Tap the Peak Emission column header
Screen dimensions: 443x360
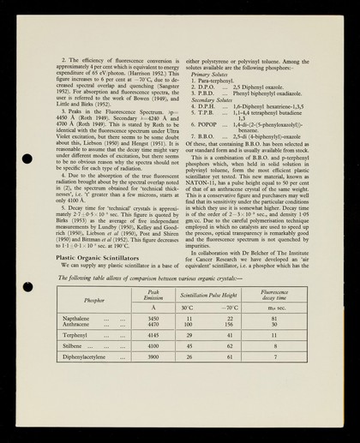[x=153, y=295]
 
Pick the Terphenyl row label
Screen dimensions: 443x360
[x=76, y=335]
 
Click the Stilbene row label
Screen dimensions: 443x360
[x=74, y=345]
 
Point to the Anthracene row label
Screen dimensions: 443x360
[x=77, y=325]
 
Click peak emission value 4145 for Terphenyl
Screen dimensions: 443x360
[x=153, y=335]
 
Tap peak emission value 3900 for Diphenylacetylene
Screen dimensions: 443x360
[x=153, y=356]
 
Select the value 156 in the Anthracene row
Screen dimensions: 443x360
[x=228, y=325]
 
